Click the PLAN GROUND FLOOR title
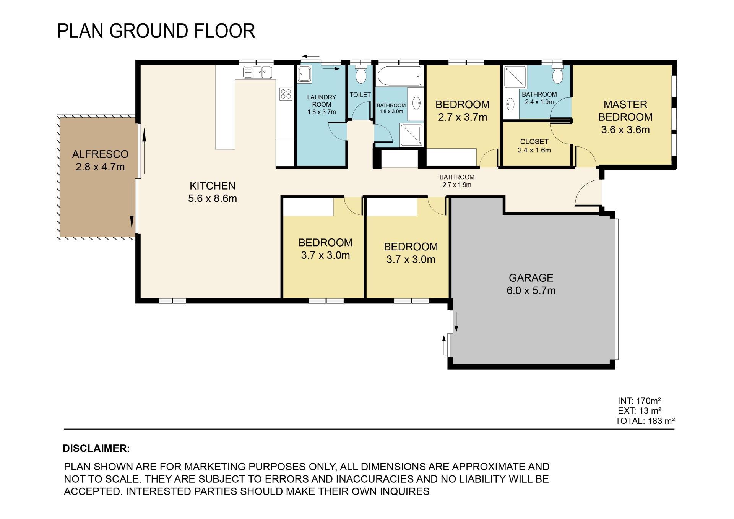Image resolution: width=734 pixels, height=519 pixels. pos(156,31)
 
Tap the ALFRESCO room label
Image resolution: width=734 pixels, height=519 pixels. pos(100,161)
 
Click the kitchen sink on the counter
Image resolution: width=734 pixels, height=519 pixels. pos(257,72)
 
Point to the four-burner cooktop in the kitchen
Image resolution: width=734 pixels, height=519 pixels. pos(286,94)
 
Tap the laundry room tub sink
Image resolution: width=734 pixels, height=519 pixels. pos(305,74)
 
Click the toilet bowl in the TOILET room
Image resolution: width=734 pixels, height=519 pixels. pos(361,75)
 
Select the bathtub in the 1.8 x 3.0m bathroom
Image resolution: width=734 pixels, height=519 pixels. pos(399,76)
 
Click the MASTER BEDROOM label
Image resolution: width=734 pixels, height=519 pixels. pos(625,117)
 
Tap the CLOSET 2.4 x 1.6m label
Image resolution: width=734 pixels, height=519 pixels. pos(534,146)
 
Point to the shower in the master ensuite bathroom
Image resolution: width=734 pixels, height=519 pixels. pos(515,77)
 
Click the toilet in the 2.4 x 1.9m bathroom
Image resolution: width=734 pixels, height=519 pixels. pos(558,74)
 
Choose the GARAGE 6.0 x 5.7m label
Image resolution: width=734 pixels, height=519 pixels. pos(531,284)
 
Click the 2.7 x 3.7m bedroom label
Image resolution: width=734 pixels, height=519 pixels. pos(463,111)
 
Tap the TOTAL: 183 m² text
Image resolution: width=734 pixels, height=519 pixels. pos(645,421)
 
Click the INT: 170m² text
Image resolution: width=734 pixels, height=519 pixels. pos(639,401)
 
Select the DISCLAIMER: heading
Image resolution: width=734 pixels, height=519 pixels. pos(96,448)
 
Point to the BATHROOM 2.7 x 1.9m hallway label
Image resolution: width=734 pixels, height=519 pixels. pos(457,181)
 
